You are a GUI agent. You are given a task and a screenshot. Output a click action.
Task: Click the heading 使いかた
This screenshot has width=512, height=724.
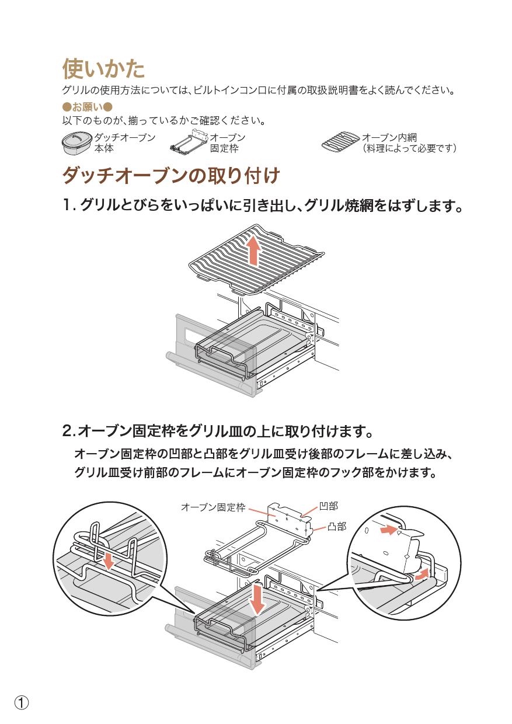(x=103, y=69)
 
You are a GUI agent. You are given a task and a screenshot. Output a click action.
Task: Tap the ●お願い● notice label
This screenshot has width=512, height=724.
(x=86, y=107)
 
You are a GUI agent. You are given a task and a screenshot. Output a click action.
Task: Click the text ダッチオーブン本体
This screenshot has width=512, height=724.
(x=124, y=143)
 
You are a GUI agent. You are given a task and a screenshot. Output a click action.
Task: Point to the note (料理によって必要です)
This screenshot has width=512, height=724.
(x=409, y=149)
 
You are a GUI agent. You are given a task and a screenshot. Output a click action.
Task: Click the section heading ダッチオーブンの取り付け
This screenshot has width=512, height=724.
(x=171, y=175)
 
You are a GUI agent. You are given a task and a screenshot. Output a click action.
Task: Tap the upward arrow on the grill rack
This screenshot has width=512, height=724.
(x=253, y=250)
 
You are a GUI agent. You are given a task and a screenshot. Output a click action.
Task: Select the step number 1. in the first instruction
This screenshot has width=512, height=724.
(x=69, y=206)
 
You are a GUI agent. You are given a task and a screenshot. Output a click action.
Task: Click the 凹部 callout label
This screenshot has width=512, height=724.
(x=328, y=506)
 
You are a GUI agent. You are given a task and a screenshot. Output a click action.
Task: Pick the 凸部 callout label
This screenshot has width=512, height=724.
(x=337, y=526)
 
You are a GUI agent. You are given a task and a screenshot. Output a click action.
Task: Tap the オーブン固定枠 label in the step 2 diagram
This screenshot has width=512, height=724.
(x=213, y=507)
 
